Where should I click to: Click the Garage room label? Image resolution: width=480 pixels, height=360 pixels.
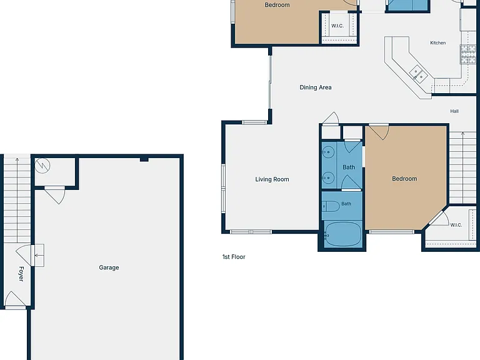109,267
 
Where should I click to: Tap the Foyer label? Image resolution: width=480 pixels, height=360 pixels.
21,274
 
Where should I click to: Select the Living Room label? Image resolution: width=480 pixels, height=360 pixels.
272,179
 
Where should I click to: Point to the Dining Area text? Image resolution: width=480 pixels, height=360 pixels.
315,87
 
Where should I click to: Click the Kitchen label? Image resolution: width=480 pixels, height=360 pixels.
437,43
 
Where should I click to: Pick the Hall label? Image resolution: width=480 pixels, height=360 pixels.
454,111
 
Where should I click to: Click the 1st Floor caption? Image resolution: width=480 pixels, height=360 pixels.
234,257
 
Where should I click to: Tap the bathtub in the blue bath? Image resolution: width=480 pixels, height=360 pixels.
342,234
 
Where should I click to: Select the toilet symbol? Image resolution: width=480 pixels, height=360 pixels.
331,206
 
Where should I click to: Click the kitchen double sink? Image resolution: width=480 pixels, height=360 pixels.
418,74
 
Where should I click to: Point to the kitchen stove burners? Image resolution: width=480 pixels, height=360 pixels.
468,54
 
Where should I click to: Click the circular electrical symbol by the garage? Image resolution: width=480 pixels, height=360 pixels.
42,166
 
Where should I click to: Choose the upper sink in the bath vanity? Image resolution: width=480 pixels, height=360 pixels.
329,151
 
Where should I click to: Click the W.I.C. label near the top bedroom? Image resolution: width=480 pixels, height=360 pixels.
337,26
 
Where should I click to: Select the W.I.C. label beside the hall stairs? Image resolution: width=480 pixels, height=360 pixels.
456,225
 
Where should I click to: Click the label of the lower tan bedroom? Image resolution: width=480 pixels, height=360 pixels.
404,179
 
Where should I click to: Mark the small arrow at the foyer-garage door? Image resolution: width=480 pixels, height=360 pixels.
38,255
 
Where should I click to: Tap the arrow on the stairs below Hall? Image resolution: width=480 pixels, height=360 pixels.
462,167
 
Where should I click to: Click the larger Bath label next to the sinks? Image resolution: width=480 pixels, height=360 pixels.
349,167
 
